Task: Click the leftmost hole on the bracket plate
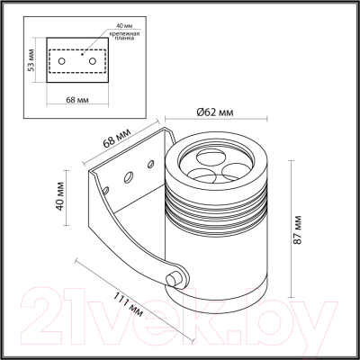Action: point(108,189)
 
